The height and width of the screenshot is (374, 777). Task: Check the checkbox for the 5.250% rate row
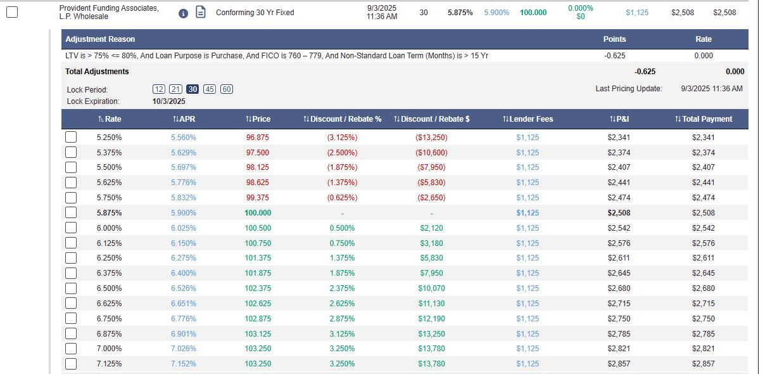coord(71,137)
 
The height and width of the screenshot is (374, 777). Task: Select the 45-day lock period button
coord(209,89)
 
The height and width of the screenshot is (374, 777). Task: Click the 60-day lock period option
coord(227,89)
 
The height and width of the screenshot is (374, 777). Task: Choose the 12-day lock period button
coord(158,89)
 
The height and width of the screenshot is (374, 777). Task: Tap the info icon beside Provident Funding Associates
coord(183,13)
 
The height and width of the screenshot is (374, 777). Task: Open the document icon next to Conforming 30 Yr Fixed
coord(201,12)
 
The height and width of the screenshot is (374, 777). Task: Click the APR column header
coord(184,119)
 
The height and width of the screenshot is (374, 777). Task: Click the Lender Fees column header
coord(528,119)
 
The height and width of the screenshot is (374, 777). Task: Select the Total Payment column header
coord(704,119)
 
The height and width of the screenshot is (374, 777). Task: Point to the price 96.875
coord(257,138)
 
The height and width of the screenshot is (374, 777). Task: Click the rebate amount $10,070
coord(431,288)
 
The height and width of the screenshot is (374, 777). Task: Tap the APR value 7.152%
coord(183,364)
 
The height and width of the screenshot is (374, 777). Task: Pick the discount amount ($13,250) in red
coord(431,138)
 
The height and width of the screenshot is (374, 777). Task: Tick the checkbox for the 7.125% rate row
coord(71,364)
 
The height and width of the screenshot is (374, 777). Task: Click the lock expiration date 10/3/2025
coord(168,101)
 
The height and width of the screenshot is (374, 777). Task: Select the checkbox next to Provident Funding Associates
coord(12,12)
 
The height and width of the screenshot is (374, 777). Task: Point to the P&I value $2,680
coord(619,288)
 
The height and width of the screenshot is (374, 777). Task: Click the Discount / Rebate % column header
coord(343,119)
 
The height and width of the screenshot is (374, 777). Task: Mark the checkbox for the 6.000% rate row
coord(71,228)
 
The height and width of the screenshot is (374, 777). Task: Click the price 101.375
coord(258,258)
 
